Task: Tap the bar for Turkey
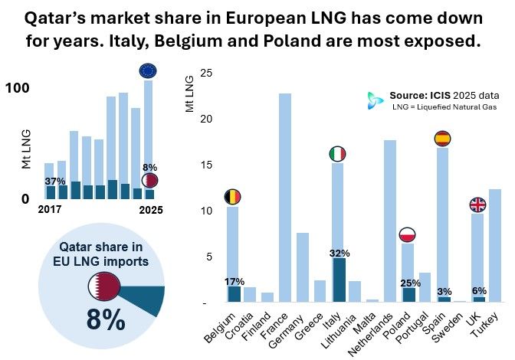[x=494, y=245]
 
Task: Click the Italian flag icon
[x=337, y=154]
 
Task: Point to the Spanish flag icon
[x=443, y=139]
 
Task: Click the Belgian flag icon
[x=233, y=197]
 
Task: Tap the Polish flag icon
[x=408, y=234]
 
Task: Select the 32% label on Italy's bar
[x=339, y=253]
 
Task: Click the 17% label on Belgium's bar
[x=233, y=281]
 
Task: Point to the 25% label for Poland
[x=410, y=283]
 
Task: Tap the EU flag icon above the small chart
[x=148, y=71]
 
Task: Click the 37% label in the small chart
[x=54, y=181]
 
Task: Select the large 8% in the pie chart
[x=105, y=319]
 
